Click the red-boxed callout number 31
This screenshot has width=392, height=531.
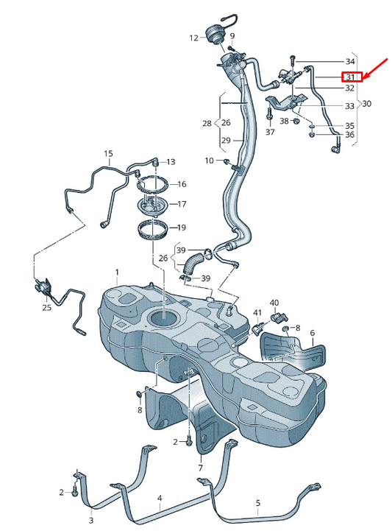(350, 77)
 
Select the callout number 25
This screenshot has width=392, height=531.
(46, 307)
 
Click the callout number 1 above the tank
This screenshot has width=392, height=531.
(116, 272)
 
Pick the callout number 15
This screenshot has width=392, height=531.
(108, 154)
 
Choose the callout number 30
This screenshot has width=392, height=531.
(366, 104)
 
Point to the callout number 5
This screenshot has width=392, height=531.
(257, 504)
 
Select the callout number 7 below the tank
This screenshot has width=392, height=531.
(199, 467)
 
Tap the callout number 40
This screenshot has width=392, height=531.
(274, 303)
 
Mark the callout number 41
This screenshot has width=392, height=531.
(257, 314)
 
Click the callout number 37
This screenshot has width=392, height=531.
(270, 132)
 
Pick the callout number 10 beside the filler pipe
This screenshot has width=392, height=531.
(209, 161)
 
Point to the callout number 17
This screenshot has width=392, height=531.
(182, 204)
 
